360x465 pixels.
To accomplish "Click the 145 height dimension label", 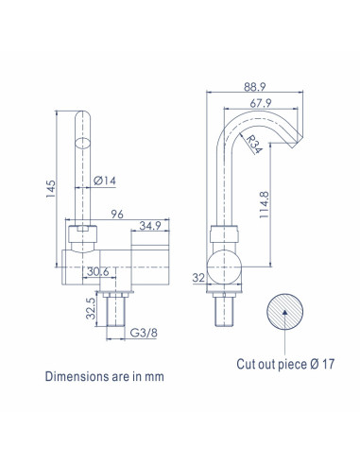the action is (51, 189).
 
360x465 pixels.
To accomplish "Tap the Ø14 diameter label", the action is (105, 181).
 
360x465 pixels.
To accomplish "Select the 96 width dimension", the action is (117, 214).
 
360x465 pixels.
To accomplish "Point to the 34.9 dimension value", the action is (150, 226).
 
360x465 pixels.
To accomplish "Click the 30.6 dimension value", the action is (98, 271).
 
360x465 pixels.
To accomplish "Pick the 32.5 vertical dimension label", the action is (91, 308).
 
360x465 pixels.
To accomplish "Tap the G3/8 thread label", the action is (144, 333).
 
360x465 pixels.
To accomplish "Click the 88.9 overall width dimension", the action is (255, 87).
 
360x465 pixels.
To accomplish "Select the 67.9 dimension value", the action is (261, 103).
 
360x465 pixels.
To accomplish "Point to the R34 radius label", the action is (253, 144).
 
